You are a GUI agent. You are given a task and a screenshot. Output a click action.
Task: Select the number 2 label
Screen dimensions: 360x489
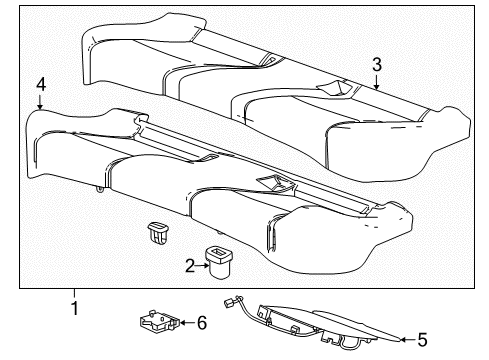point(188,265)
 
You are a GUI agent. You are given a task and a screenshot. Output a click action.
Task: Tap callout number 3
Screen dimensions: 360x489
point(376,64)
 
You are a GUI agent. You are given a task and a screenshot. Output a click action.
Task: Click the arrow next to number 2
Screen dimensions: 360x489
point(201,265)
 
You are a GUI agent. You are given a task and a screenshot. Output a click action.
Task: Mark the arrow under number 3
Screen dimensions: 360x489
point(376,82)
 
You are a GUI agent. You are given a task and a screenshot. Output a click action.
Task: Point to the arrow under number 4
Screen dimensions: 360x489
point(40,103)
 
